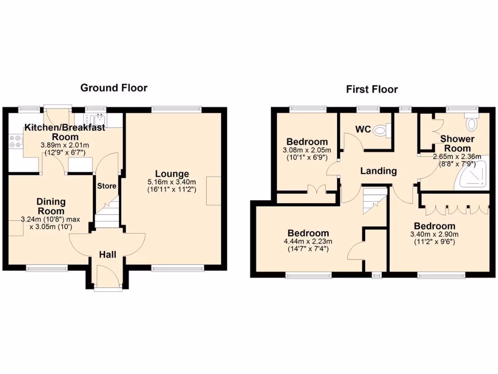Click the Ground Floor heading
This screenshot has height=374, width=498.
114,88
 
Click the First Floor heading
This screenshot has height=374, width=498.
372,90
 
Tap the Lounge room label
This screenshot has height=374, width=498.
172,174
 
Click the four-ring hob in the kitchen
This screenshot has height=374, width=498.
15,141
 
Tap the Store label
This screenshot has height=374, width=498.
107,186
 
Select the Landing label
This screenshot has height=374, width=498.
378,171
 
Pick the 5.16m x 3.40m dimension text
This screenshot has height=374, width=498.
172,182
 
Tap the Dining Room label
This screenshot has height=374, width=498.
51,206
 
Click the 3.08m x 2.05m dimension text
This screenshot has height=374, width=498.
307,150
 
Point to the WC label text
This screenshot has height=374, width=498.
363,130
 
